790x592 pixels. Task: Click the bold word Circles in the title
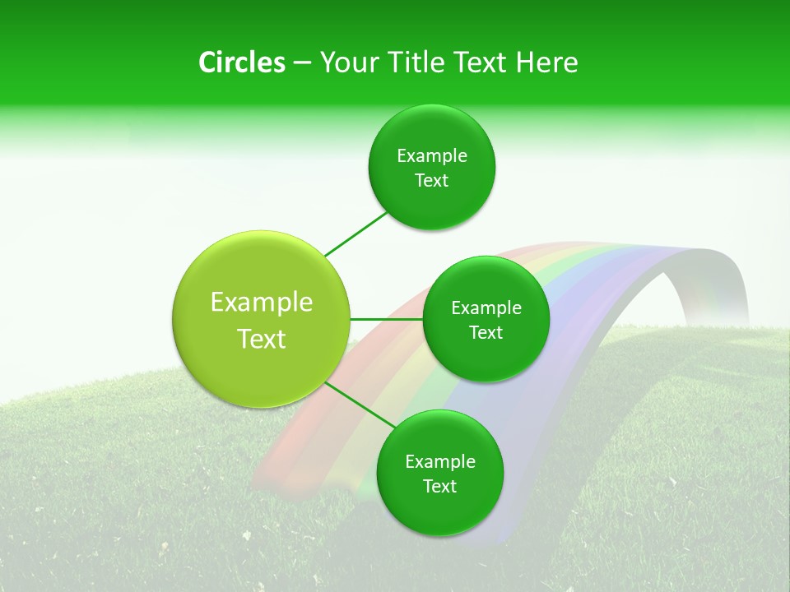pos(241,62)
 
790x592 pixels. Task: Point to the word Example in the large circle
pos(262,303)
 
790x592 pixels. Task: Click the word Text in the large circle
pos(262,339)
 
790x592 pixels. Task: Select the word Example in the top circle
pos(432,156)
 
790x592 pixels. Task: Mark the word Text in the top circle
pos(432,181)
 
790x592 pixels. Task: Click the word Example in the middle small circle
pos(486,308)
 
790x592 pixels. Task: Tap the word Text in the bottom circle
pos(439,487)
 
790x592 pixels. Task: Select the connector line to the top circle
pos(355,234)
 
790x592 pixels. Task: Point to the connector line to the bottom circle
pos(360,405)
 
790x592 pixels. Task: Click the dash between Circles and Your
pos(302,63)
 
